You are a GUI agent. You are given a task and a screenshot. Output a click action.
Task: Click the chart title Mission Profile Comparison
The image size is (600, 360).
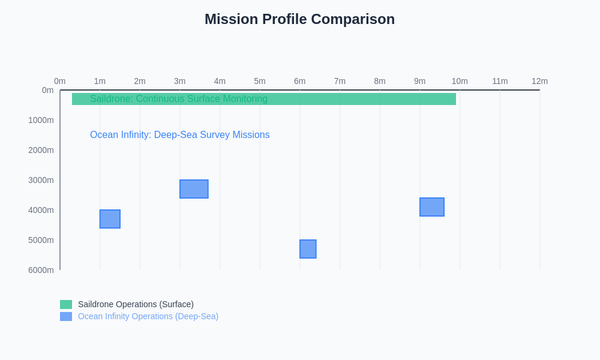click(299, 19)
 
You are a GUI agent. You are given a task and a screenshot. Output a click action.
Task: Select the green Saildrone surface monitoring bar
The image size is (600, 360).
click(360, 99)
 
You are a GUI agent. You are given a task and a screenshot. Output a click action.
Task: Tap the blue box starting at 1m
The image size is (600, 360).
click(110, 219)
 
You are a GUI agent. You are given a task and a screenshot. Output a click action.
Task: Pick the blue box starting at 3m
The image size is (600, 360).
click(194, 189)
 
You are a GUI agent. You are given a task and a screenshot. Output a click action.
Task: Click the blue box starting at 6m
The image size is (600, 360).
click(308, 249)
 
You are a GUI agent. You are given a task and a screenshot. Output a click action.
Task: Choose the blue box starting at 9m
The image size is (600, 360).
click(432, 207)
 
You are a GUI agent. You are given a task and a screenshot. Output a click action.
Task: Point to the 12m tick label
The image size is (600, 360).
click(539, 81)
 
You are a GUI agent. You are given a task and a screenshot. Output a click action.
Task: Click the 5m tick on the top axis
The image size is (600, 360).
click(260, 81)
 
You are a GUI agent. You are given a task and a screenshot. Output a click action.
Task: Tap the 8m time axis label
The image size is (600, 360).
click(380, 81)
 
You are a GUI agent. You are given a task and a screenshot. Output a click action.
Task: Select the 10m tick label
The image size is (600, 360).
click(460, 81)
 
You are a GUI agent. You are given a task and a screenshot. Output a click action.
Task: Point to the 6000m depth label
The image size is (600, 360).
click(41, 270)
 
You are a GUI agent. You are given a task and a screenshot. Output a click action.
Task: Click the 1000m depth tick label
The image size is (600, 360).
click(41, 120)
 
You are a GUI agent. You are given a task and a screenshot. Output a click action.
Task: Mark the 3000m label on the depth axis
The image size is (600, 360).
click(41, 180)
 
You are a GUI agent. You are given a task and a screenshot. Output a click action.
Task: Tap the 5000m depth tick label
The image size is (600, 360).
click(41, 240)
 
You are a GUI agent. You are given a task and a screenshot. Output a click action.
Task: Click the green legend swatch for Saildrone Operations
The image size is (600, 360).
click(66, 304)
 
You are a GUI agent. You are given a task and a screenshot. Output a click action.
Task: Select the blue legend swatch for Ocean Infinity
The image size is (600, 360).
click(66, 316)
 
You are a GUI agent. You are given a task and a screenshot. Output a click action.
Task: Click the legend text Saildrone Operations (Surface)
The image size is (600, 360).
click(136, 304)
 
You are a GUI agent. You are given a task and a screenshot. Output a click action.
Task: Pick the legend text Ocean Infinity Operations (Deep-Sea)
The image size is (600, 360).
click(148, 316)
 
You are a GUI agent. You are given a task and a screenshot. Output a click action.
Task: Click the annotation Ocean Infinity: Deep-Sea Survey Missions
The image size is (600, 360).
click(179, 135)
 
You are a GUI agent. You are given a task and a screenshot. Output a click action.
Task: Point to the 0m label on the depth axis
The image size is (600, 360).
click(47, 90)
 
